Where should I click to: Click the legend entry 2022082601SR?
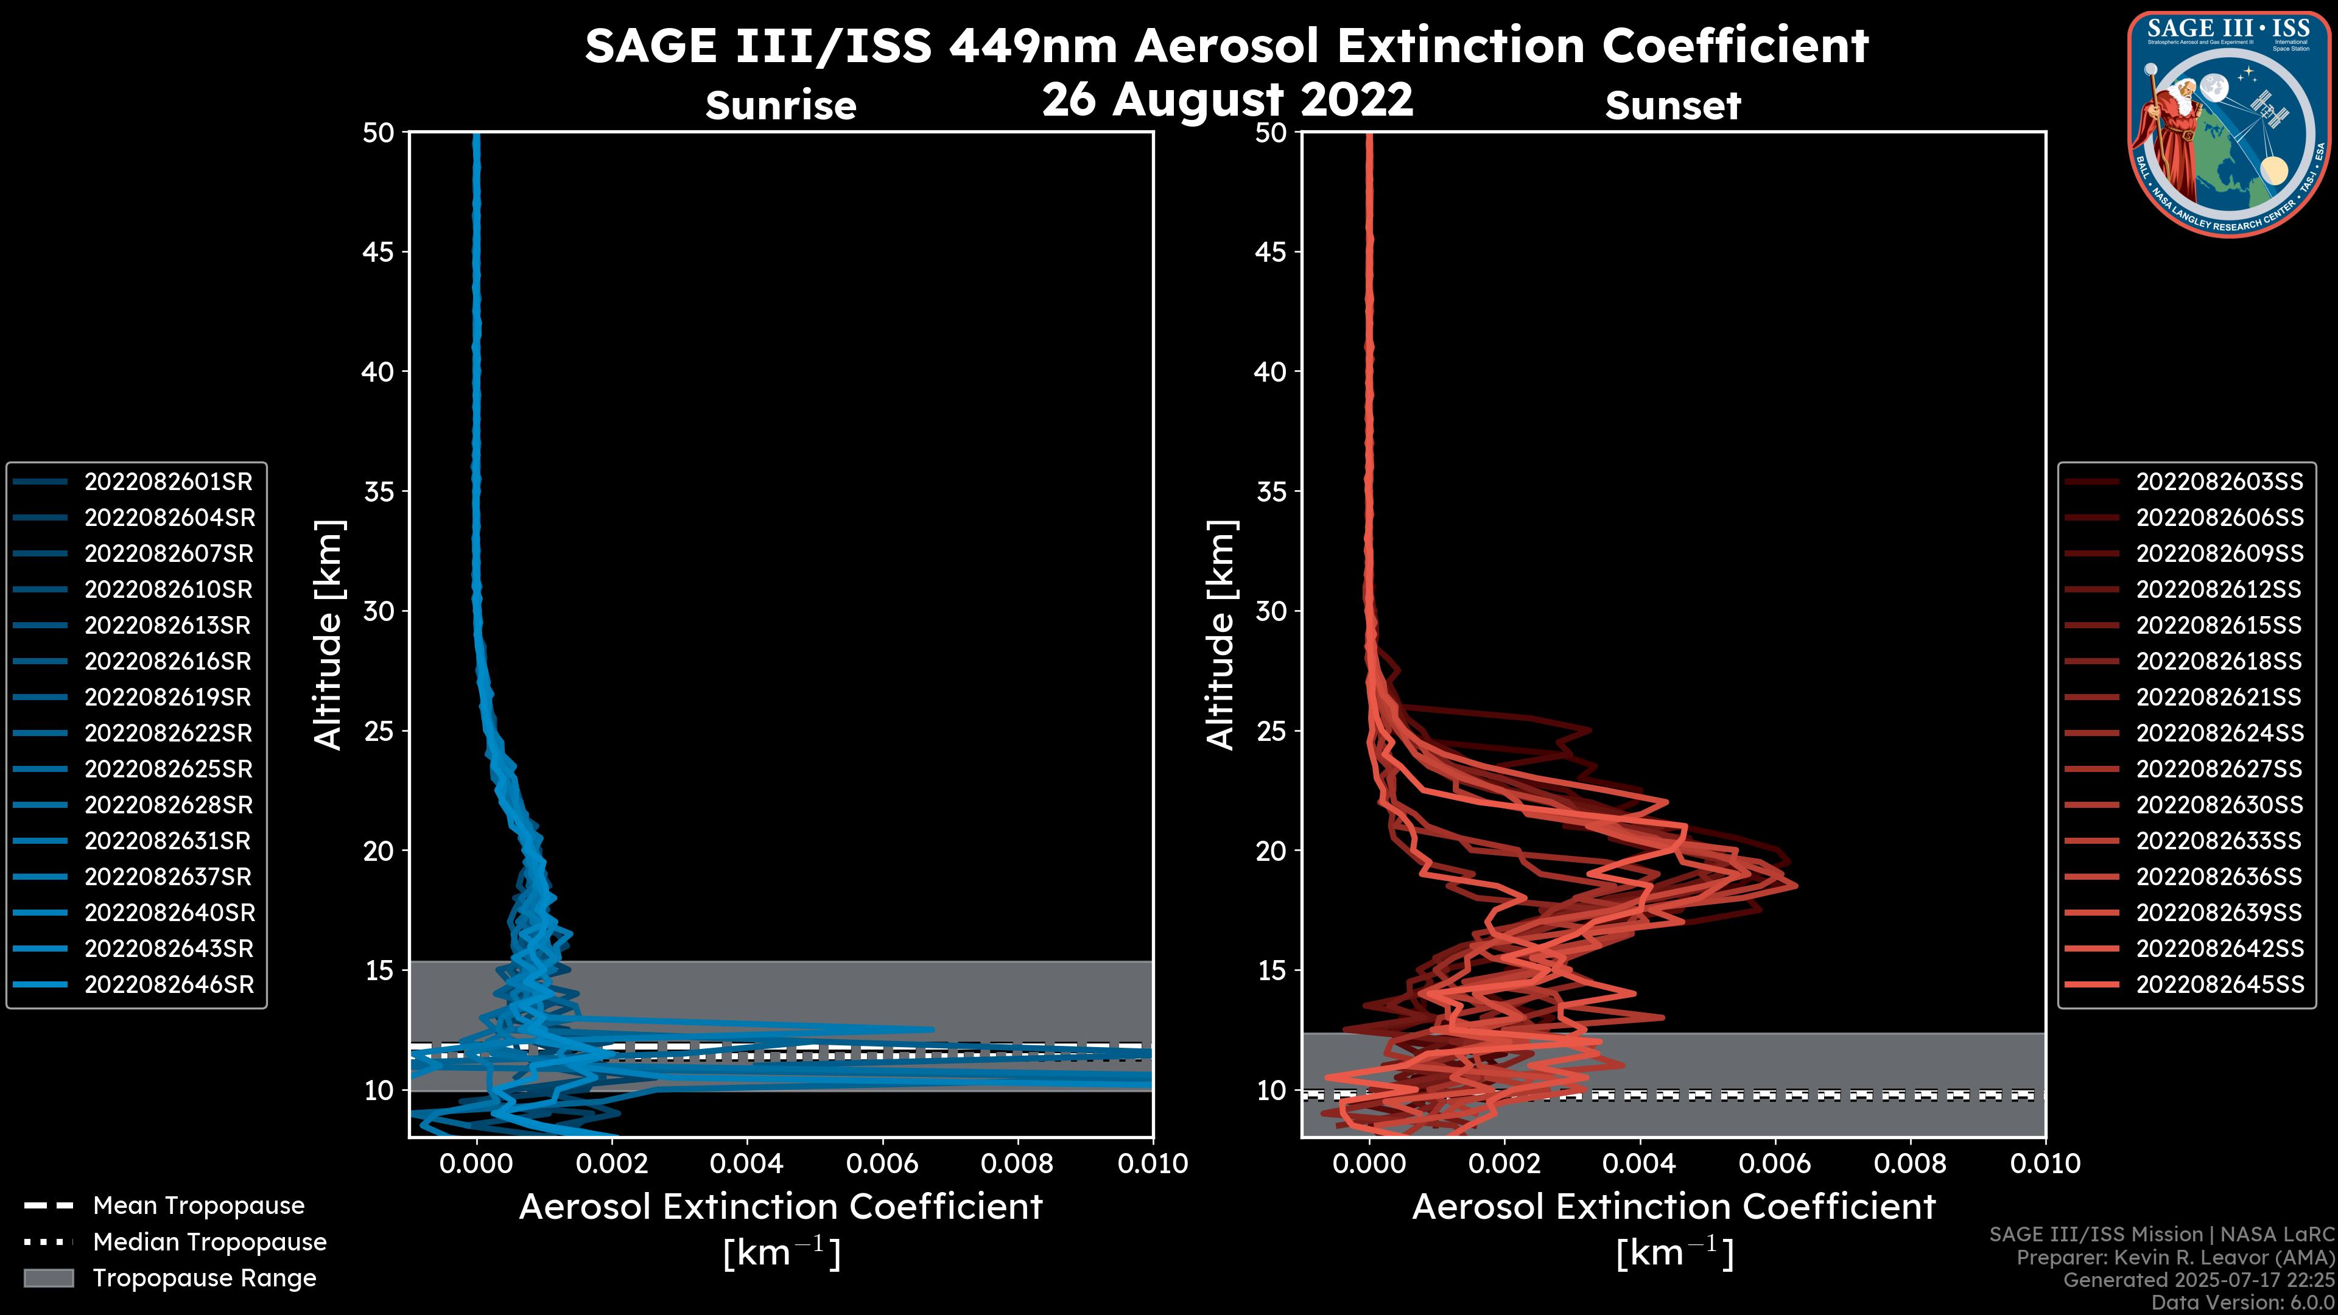click(168, 482)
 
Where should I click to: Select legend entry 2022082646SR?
click(168, 984)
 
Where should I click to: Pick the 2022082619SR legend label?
click(168, 697)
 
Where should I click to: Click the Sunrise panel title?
click(781, 106)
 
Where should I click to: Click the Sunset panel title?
click(1673, 106)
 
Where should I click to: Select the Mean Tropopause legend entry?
click(198, 1206)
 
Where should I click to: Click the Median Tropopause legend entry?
click(209, 1243)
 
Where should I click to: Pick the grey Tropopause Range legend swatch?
click(48, 1278)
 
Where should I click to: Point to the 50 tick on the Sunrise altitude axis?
click(379, 133)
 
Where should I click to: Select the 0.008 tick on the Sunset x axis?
click(1911, 1163)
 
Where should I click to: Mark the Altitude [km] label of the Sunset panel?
click(1221, 635)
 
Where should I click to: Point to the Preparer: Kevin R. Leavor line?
click(2175, 1258)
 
